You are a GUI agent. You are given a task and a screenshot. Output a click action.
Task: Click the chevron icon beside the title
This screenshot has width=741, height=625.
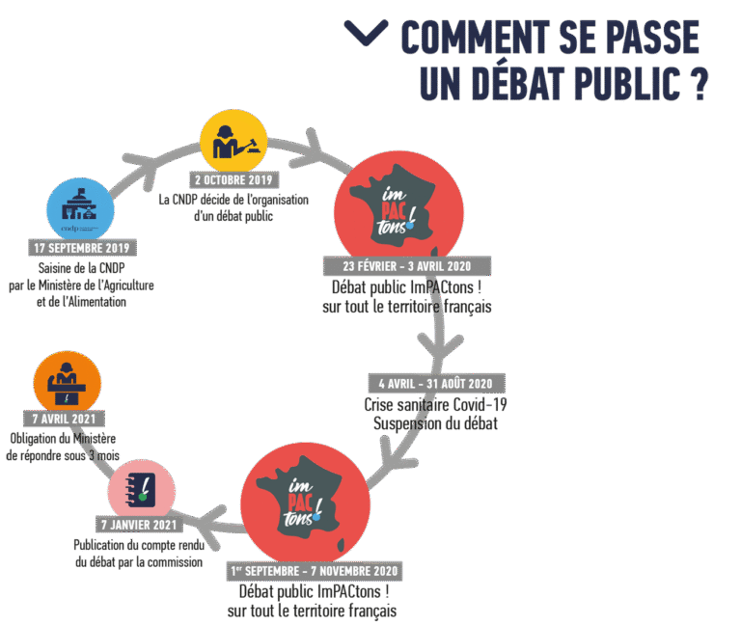pyautogui.click(x=367, y=32)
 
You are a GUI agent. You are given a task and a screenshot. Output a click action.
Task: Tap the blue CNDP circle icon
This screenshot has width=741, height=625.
pyautogui.click(x=80, y=210)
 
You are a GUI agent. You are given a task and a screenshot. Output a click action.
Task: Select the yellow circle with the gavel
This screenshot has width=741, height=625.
pyautogui.click(x=233, y=142)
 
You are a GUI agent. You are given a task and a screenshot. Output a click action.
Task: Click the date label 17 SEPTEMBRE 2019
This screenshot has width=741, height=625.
pyautogui.click(x=82, y=248)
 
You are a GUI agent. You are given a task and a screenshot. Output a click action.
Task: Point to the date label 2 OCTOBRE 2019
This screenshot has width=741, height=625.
pyautogui.click(x=233, y=180)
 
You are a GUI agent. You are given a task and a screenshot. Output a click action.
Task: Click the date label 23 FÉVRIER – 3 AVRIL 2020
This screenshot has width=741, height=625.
pyautogui.click(x=407, y=266)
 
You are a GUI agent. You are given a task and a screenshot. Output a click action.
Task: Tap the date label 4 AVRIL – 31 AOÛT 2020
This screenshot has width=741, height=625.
pyautogui.click(x=436, y=383)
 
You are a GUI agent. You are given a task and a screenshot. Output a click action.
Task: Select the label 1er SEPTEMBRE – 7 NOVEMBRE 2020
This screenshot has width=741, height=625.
pyautogui.click(x=315, y=571)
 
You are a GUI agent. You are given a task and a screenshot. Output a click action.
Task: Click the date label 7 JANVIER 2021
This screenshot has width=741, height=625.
pyautogui.click(x=139, y=525)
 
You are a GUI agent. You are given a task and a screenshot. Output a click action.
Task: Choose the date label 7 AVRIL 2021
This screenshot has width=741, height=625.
pyautogui.click(x=65, y=418)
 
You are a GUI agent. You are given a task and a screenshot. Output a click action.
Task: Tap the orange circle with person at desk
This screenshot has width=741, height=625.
pyautogui.click(x=68, y=383)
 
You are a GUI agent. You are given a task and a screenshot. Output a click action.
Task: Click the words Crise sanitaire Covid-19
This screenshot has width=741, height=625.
pyautogui.click(x=435, y=405)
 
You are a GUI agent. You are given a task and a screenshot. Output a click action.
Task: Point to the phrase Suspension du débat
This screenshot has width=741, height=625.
pyautogui.click(x=435, y=423)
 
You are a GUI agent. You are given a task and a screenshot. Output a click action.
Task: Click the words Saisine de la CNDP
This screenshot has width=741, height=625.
pyautogui.click(x=82, y=268)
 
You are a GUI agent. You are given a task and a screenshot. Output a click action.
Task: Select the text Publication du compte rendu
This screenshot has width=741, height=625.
pyautogui.click(x=139, y=545)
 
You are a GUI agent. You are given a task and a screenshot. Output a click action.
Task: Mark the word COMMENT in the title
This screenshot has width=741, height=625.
pyautogui.click(x=475, y=37)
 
